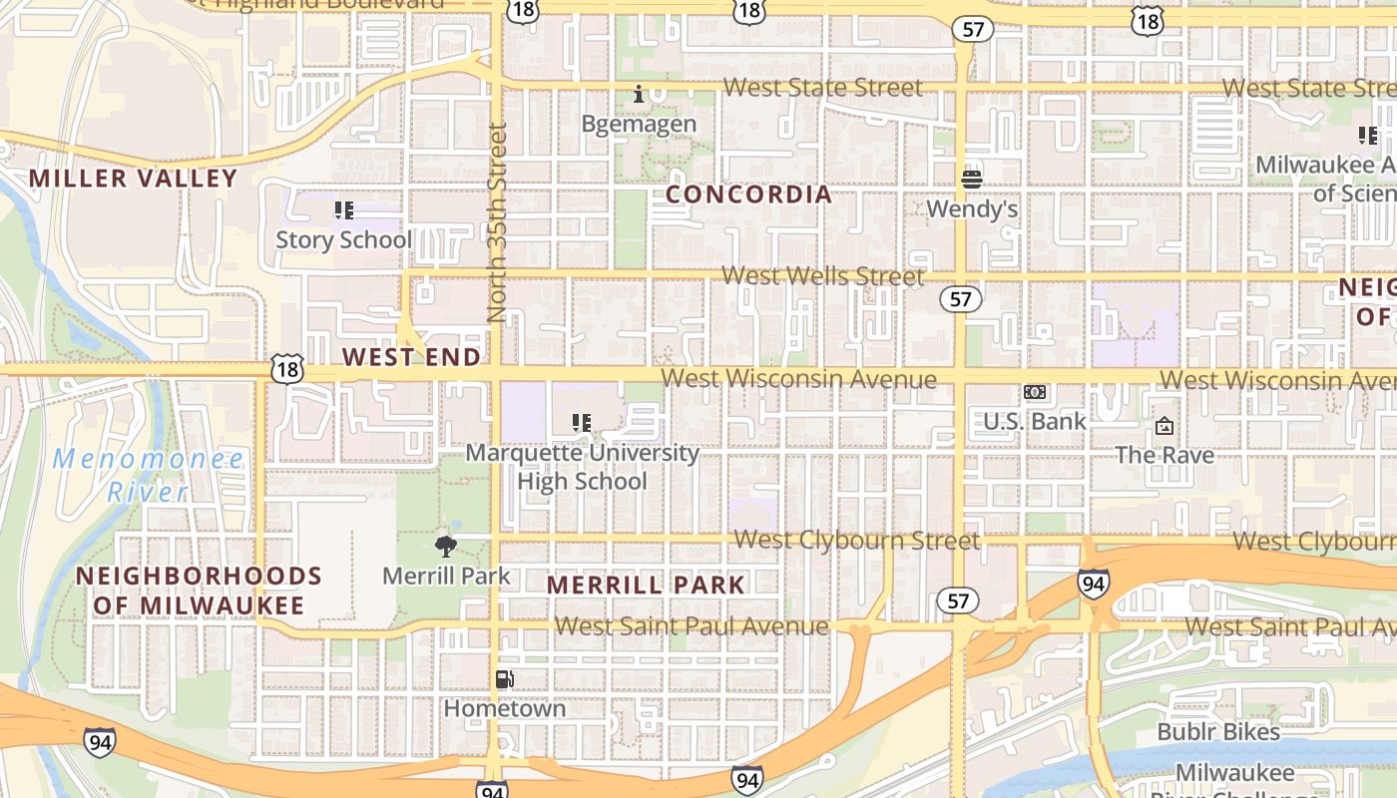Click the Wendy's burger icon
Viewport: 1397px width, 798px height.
(972, 180)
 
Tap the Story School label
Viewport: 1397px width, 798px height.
(343, 239)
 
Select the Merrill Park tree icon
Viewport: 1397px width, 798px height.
(446, 546)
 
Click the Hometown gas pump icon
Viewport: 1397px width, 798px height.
(505, 679)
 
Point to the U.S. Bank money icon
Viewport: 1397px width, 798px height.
(1035, 392)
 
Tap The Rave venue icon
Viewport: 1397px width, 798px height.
(1164, 427)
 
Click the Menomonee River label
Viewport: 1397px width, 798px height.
(148, 475)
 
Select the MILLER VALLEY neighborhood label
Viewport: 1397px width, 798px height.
(133, 179)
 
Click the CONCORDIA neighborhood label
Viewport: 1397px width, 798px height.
(748, 195)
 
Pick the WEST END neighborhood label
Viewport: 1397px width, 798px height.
(411, 357)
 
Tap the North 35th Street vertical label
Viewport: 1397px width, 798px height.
(497, 221)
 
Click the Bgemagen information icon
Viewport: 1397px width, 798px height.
(639, 95)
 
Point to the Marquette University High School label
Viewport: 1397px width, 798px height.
(582, 467)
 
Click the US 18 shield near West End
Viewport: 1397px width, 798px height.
(285, 368)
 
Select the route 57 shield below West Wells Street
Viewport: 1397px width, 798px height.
(960, 298)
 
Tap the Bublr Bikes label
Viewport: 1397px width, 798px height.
(1217, 732)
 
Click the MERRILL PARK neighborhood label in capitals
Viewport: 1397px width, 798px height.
(646, 585)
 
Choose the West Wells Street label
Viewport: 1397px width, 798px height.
(822, 275)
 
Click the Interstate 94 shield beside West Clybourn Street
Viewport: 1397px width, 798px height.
(1093, 584)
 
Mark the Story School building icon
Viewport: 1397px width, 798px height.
(343, 210)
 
